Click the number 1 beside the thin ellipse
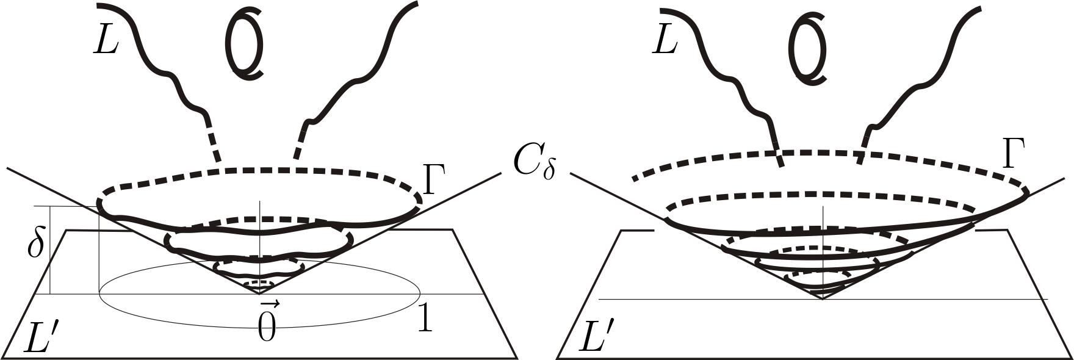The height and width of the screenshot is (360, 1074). click(x=425, y=318)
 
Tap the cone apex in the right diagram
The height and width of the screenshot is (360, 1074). click(x=823, y=298)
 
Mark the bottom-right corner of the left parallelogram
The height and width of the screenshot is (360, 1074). click(x=517, y=356)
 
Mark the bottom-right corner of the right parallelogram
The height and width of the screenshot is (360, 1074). click(x=1071, y=356)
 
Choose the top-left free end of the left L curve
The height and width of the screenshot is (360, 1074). click(x=99, y=5)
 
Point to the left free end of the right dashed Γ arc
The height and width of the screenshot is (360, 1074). click(x=635, y=179)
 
